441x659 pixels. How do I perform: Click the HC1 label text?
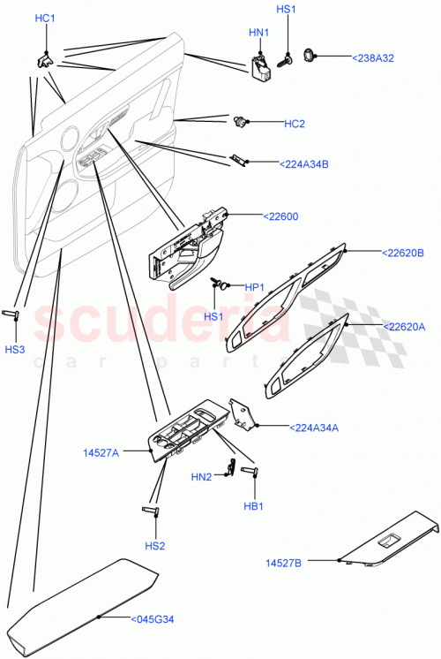click(45, 19)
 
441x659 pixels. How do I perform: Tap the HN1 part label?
click(258, 33)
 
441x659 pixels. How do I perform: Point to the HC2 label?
click(294, 124)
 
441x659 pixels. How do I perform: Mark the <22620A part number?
click(403, 326)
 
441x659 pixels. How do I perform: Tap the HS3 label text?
click(16, 349)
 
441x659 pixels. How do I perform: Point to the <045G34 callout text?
click(155, 619)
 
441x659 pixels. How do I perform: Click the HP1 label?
click(255, 287)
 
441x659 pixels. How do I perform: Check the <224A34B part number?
click(303, 163)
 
